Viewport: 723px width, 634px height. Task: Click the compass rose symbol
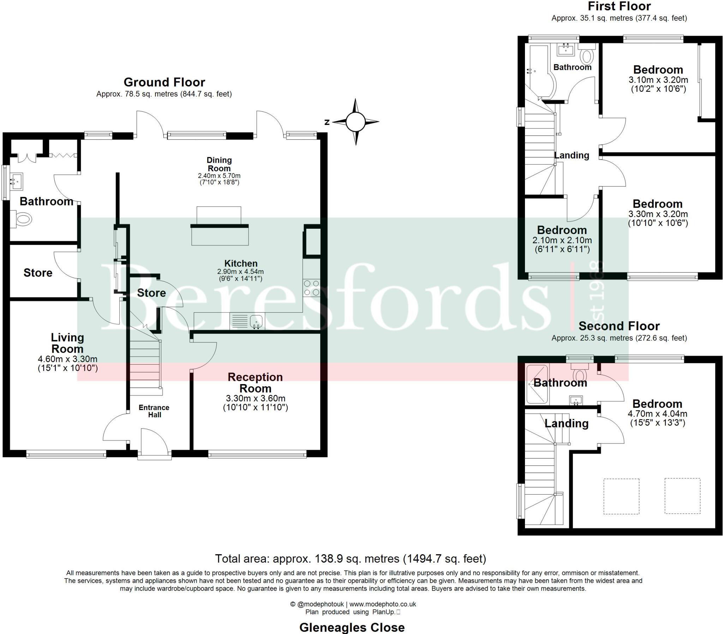point(355,122)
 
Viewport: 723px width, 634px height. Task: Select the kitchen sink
point(256,321)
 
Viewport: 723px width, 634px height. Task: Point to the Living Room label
point(67,343)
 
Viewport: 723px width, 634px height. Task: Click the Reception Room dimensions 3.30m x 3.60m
point(255,399)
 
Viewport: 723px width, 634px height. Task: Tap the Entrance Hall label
point(154,411)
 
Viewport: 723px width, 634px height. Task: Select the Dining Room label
point(219,164)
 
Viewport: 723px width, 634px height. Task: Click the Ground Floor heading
point(164,82)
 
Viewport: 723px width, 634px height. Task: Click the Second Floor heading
point(619,325)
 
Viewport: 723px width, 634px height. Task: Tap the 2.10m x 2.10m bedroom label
point(562,240)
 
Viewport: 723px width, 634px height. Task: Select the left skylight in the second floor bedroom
point(621,496)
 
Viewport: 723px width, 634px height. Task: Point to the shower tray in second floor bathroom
point(537,384)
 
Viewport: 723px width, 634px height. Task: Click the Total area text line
point(351,559)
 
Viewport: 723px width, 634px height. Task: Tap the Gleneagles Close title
point(352,627)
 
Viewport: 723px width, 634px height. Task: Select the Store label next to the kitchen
point(151,293)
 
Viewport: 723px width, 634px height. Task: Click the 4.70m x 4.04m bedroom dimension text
point(657,414)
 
